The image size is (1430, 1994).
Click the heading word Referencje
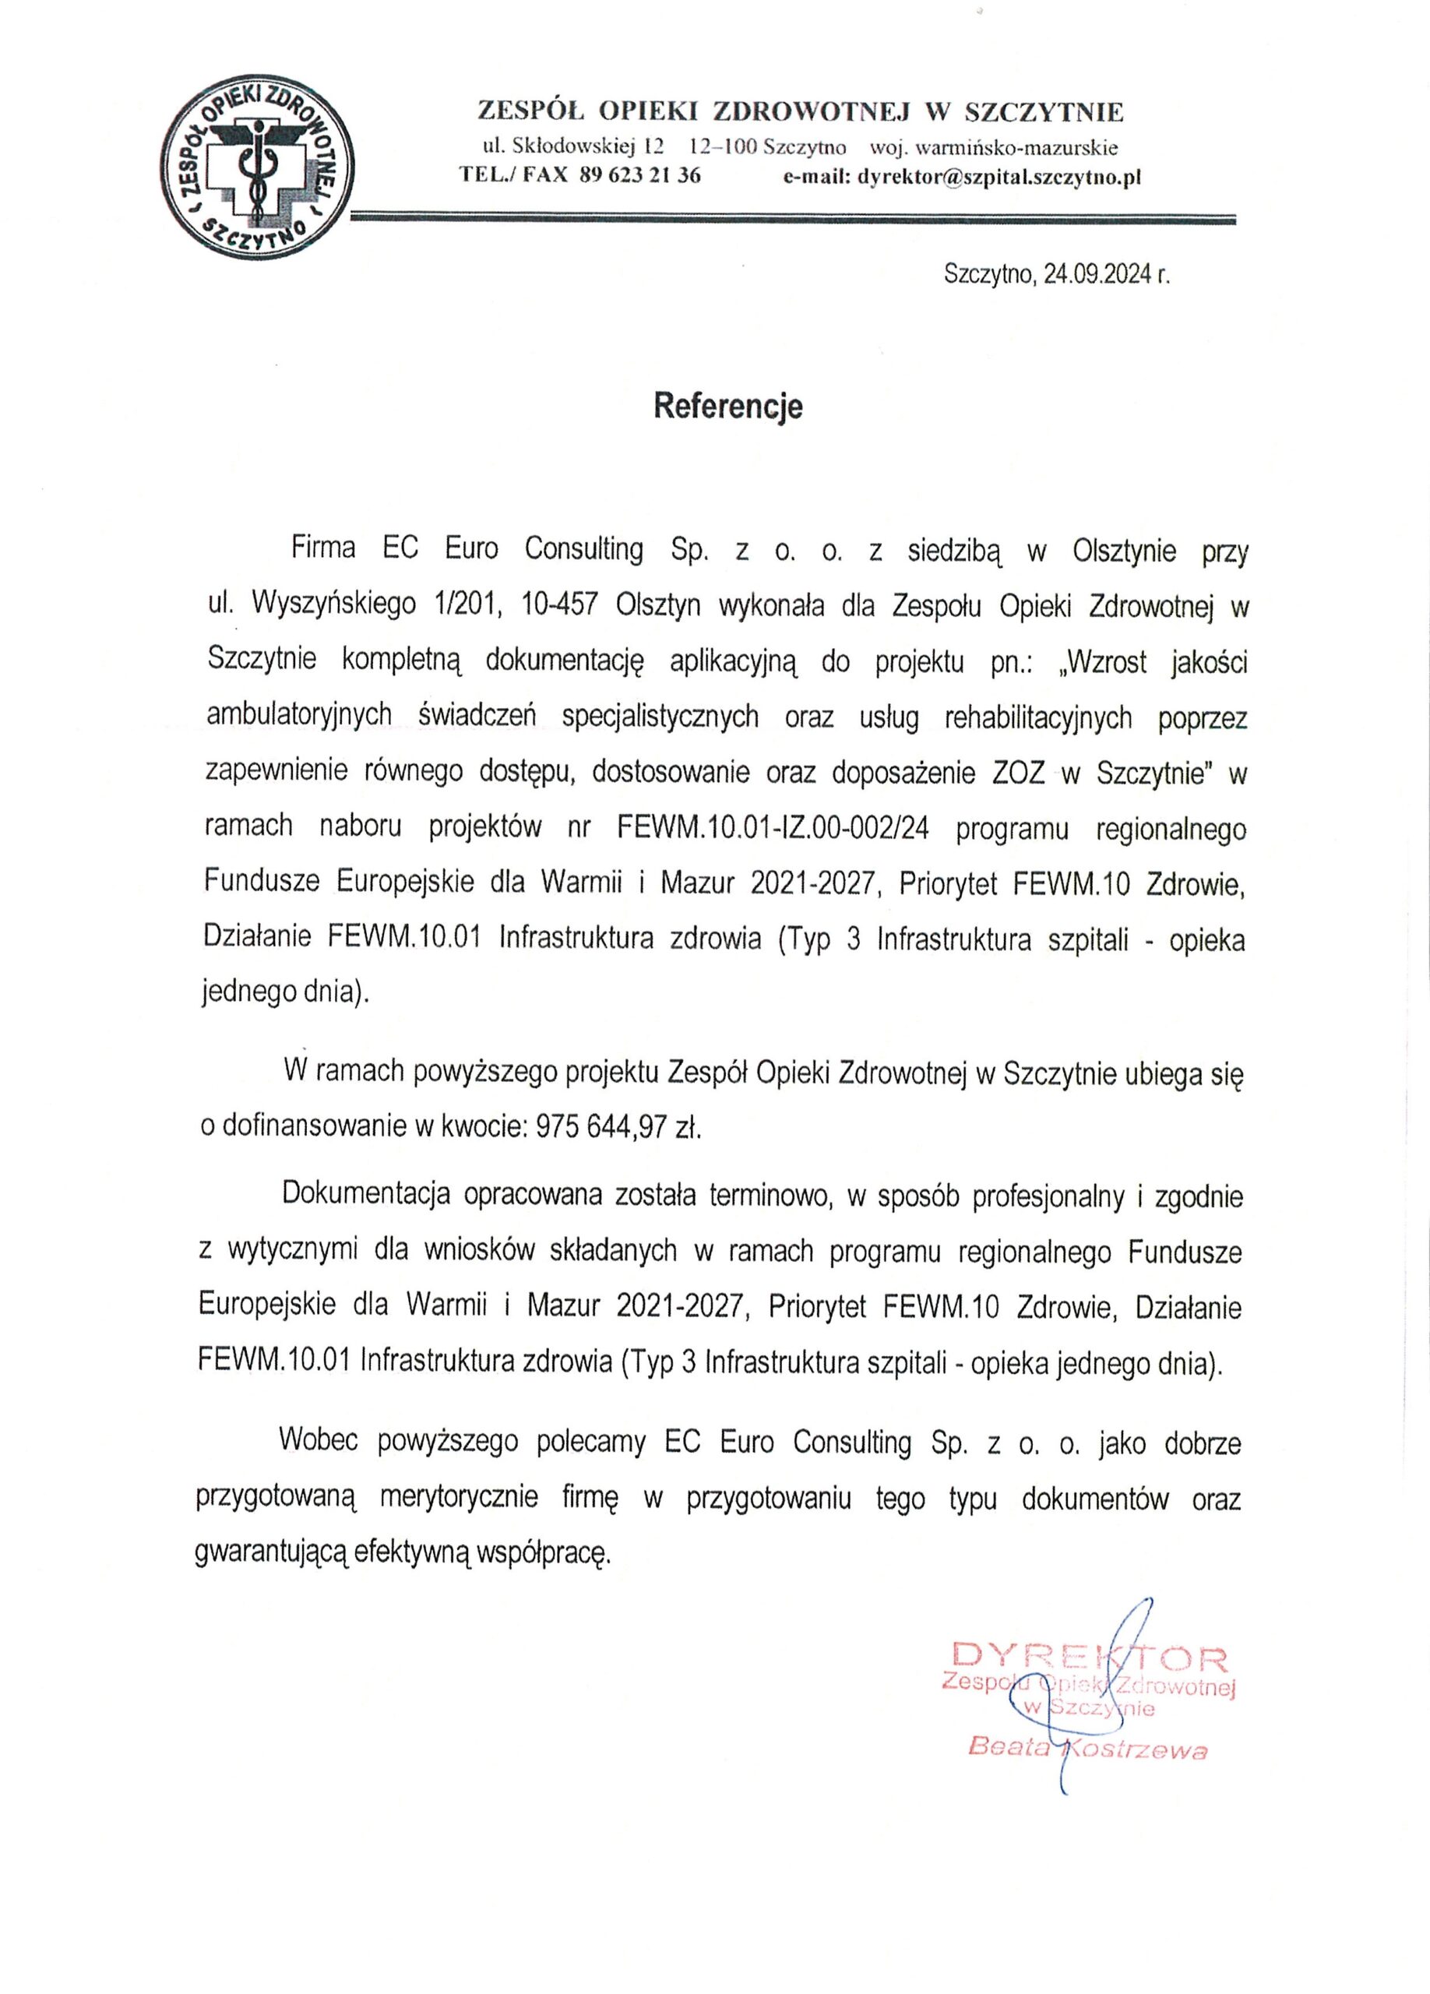[727, 406]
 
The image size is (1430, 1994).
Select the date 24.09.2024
[1097, 275]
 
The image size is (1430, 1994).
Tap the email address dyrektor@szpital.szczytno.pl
[999, 177]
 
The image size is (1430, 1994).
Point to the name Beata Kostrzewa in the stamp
[1087, 1749]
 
